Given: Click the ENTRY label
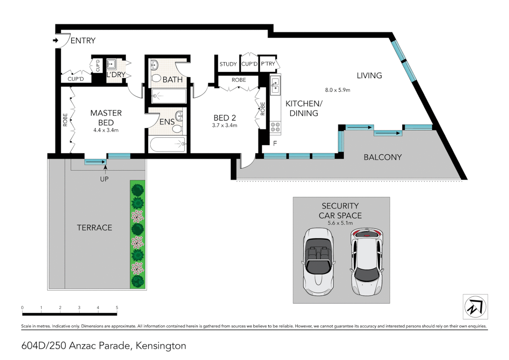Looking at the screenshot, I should pyautogui.click(x=83, y=41).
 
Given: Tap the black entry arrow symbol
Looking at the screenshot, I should pyautogui.click(x=55, y=40).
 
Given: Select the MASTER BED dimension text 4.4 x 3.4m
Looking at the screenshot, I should pyautogui.click(x=106, y=130).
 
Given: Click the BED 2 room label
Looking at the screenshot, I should pyautogui.click(x=225, y=118).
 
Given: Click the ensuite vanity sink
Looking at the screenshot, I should pyautogui.click(x=179, y=116).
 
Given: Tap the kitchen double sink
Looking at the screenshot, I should pyautogui.click(x=275, y=85).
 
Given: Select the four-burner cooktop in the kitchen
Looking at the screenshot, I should pyautogui.click(x=275, y=127).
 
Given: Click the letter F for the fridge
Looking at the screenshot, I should pyautogui.click(x=275, y=144).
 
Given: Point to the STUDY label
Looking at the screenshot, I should pyautogui.click(x=228, y=64).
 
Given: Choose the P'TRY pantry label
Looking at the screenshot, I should pyautogui.click(x=268, y=64).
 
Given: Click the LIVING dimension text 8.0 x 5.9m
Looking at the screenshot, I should pyautogui.click(x=337, y=90).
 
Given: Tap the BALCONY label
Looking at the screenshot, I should pyautogui.click(x=382, y=157).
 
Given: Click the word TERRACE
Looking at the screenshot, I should pyautogui.click(x=94, y=228).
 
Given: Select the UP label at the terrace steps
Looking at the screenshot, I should pyautogui.click(x=104, y=179).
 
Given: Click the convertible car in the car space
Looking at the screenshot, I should pyautogui.click(x=318, y=262).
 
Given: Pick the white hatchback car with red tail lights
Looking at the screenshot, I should pyautogui.click(x=366, y=262).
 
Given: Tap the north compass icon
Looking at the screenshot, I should pyautogui.click(x=475, y=307).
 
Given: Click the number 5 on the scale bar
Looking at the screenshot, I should pyautogui.click(x=117, y=308).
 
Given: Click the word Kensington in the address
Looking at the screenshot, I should pyautogui.click(x=161, y=346).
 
